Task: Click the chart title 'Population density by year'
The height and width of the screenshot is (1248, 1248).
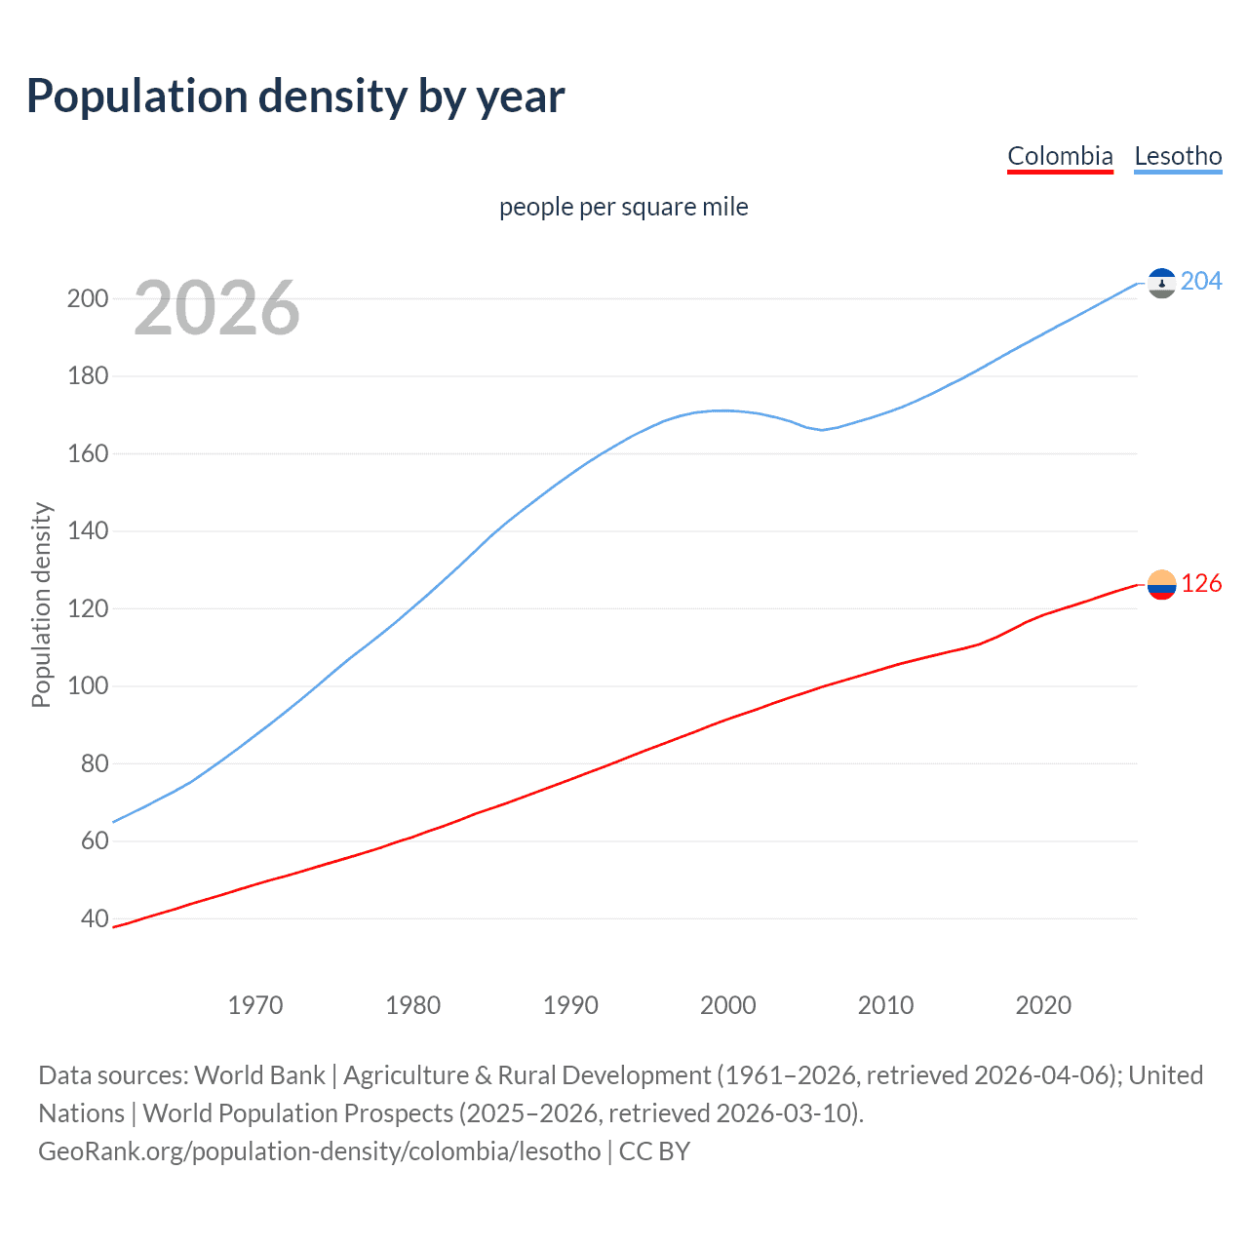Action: click(x=295, y=97)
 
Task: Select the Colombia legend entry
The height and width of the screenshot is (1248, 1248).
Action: click(x=1060, y=156)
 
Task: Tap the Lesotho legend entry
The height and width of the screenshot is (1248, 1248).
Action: click(x=1178, y=156)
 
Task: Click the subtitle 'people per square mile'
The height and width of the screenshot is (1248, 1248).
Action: click(x=623, y=207)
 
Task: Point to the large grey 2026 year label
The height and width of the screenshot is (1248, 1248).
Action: click(x=216, y=308)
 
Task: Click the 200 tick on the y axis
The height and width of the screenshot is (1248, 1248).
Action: click(x=88, y=298)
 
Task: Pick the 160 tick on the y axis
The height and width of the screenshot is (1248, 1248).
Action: click(x=88, y=453)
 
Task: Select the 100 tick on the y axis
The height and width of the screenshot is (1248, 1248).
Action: click(x=88, y=685)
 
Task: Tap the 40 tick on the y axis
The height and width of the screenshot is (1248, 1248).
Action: click(x=95, y=918)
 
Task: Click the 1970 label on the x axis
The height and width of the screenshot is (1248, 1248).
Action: click(x=255, y=1005)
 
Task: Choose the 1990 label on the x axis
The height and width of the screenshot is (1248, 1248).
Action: click(x=570, y=1005)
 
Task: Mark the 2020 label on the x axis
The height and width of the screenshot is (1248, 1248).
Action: click(x=1043, y=1005)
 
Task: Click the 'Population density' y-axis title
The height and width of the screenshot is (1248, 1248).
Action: click(x=41, y=604)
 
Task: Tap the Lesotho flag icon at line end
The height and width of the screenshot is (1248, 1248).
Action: click(x=1161, y=283)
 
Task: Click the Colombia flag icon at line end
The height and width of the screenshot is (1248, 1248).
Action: click(x=1161, y=585)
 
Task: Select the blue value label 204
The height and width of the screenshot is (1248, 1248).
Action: click(x=1201, y=281)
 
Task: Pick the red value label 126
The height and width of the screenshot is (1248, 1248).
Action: click(x=1201, y=583)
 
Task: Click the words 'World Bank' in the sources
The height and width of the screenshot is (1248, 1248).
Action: click(x=259, y=1074)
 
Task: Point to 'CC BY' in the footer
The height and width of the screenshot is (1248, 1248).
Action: click(x=654, y=1150)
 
